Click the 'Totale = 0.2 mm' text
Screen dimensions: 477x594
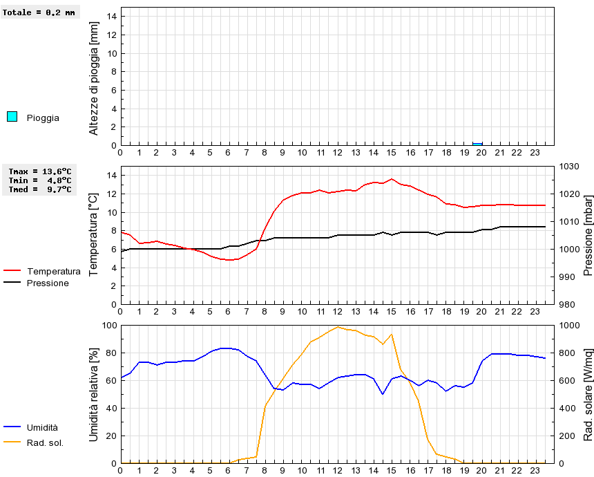(x=39, y=12)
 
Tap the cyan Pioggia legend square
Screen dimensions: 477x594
(x=12, y=116)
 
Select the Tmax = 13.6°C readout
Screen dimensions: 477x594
(x=40, y=171)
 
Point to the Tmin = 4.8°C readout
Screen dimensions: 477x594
(x=40, y=180)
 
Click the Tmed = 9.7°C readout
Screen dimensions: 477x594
(x=40, y=189)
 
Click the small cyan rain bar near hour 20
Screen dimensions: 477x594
(x=477, y=144)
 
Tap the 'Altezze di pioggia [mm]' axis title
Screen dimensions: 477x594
(x=95, y=77)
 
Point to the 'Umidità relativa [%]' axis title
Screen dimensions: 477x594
(x=95, y=394)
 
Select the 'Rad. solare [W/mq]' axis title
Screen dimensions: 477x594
(x=588, y=394)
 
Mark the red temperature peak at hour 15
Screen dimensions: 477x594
(x=392, y=179)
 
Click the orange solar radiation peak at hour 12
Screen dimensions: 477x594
(x=338, y=327)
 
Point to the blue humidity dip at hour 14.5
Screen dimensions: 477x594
(x=383, y=394)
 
